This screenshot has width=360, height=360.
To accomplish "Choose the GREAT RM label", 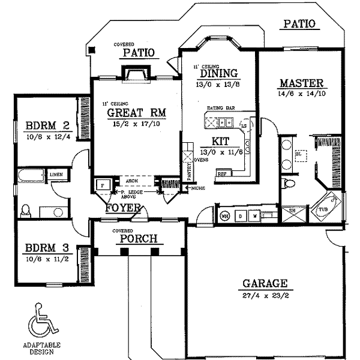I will tap(136, 113).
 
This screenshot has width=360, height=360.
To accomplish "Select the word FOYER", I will tap(123, 209).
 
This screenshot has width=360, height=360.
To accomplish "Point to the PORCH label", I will tap(139, 239).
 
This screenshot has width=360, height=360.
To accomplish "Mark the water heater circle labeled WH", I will tap(226, 215).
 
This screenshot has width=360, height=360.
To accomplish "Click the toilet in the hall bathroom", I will tap(26, 211).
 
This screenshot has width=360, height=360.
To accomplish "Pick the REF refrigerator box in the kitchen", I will tap(221, 173).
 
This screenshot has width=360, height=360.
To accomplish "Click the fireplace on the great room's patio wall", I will tap(136, 74).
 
